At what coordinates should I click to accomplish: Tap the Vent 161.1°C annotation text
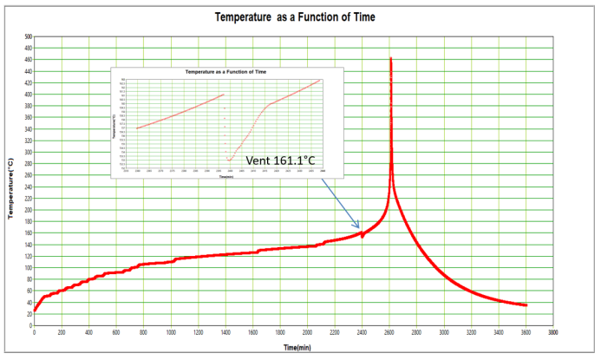pyautogui.click(x=278, y=160)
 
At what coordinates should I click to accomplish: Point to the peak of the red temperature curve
pyautogui.click(x=390, y=58)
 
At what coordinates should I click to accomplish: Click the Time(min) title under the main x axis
pyautogui.click(x=295, y=347)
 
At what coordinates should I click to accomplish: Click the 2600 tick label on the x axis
pyautogui.click(x=389, y=331)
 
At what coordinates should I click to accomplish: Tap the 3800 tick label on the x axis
pyautogui.click(x=553, y=331)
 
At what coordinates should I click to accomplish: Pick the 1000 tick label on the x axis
pyautogui.click(x=171, y=331)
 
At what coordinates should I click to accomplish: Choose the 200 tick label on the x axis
pyautogui.click(x=62, y=331)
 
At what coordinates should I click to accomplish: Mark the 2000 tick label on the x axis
pyautogui.click(x=307, y=331)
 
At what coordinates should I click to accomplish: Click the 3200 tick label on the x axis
pyautogui.click(x=471, y=331)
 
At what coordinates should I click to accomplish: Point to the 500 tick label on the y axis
pyautogui.click(x=27, y=37)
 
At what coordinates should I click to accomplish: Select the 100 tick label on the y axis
pyautogui.click(x=27, y=267)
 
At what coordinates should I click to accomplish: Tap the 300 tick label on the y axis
pyautogui.click(x=27, y=152)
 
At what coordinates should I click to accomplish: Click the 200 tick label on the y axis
pyautogui.click(x=27, y=210)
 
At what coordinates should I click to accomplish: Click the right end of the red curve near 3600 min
pyautogui.click(x=526, y=304)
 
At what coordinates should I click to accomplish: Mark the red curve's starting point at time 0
pyautogui.click(x=35, y=311)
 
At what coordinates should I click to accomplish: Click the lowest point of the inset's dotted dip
pyautogui.click(x=229, y=160)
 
